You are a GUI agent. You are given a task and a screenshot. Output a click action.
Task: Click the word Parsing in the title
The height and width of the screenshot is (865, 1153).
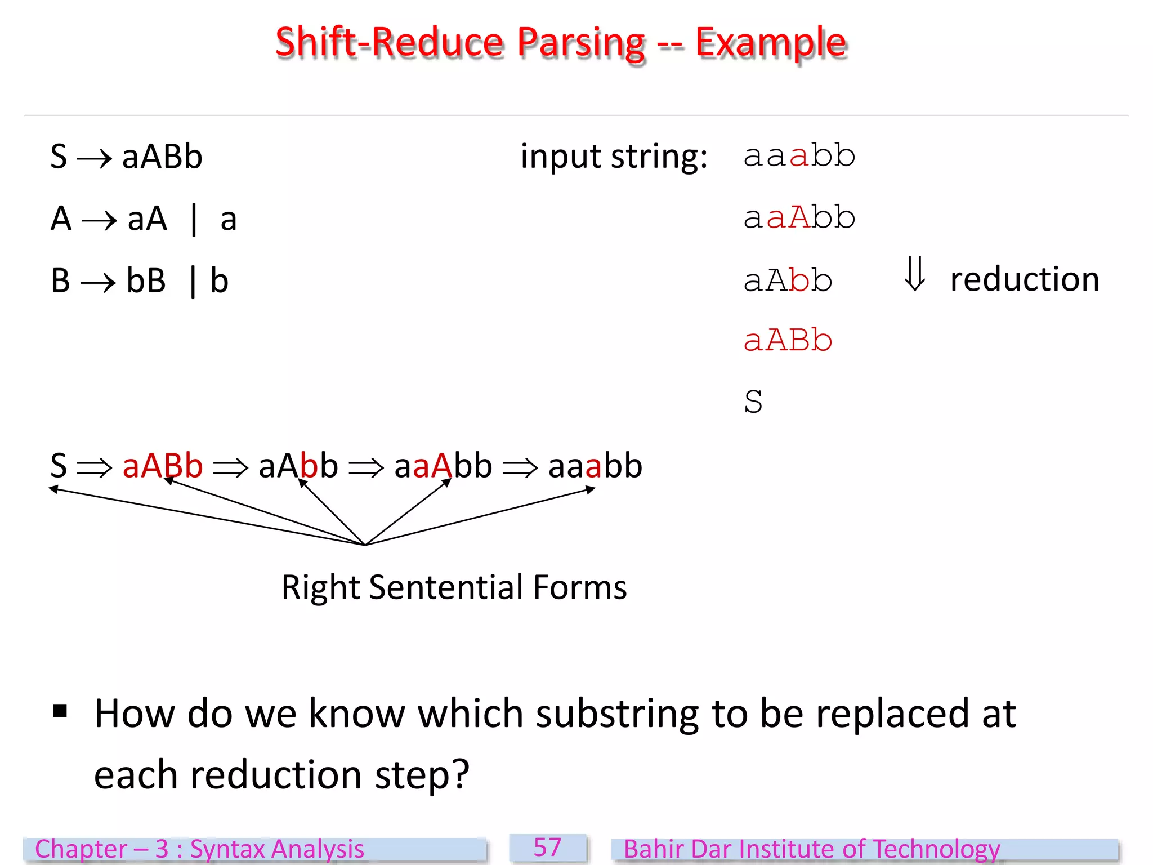pyautogui.click(x=581, y=44)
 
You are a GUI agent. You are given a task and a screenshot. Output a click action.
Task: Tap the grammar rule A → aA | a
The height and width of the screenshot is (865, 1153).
pyautogui.click(x=143, y=219)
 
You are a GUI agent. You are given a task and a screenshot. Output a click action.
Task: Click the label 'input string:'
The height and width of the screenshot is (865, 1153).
pyautogui.click(x=614, y=157)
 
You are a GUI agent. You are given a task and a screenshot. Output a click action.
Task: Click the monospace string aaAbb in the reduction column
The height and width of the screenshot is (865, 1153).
pyautogui.click(x=799, y=217)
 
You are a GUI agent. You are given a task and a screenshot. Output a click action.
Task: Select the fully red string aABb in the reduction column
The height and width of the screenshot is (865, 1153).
pyautogui.click(x=788, y=340)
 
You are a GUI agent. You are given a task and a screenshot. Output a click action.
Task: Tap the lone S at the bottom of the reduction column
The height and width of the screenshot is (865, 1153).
pyautogui.click(x=753, y=402)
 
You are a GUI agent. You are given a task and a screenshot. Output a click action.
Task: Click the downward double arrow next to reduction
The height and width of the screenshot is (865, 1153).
pyautogui.click(x=914, y=274)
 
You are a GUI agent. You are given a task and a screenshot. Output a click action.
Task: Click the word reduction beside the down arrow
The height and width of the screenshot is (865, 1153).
pyautogui.click(x=1025, y=279)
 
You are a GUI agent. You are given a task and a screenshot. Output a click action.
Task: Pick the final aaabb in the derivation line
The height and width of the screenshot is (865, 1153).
pyautogui.click(x=595, y=466)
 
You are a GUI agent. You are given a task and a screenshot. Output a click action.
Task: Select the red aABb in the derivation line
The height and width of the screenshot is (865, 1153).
pyautogui.click(x=162, y=466)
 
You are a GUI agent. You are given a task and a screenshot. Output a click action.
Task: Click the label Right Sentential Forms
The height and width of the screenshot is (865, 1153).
pyautogui.click(x=454, y=587)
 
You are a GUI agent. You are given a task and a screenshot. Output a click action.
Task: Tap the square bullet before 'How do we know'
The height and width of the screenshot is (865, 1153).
pyautogui.click(x=60, y=711)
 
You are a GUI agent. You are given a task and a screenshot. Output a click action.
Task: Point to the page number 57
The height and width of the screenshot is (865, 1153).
pyautogui.click(x=548, y=848)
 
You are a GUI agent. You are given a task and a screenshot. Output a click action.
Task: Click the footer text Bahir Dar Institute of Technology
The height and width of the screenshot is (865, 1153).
pyautogui.click(x=812, y=849)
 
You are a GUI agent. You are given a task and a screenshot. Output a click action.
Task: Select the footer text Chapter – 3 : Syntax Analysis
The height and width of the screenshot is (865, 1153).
pyautogui.click(x=199, y=849)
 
